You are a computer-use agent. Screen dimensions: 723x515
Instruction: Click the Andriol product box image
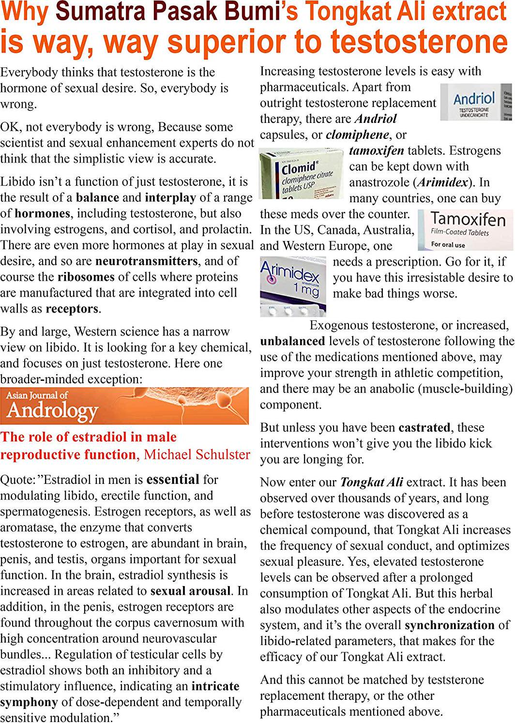[476, 102]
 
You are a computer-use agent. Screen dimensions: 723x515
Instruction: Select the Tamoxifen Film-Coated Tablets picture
[465, 230]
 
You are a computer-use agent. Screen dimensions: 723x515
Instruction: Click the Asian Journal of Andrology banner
[124, 406]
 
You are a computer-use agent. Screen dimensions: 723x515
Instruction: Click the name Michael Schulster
[197, 454]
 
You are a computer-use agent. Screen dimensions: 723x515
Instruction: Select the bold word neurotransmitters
[147, 261]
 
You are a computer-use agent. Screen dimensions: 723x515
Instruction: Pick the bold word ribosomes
[86, 277]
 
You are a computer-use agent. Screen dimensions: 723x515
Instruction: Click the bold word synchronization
[450, 625]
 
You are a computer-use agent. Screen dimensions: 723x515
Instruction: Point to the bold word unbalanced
[292, 341]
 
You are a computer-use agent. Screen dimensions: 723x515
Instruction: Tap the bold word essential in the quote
[173, 480]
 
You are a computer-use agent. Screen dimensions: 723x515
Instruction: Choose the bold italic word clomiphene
[357, 135]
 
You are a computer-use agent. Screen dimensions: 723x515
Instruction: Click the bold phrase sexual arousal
[190, 591]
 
